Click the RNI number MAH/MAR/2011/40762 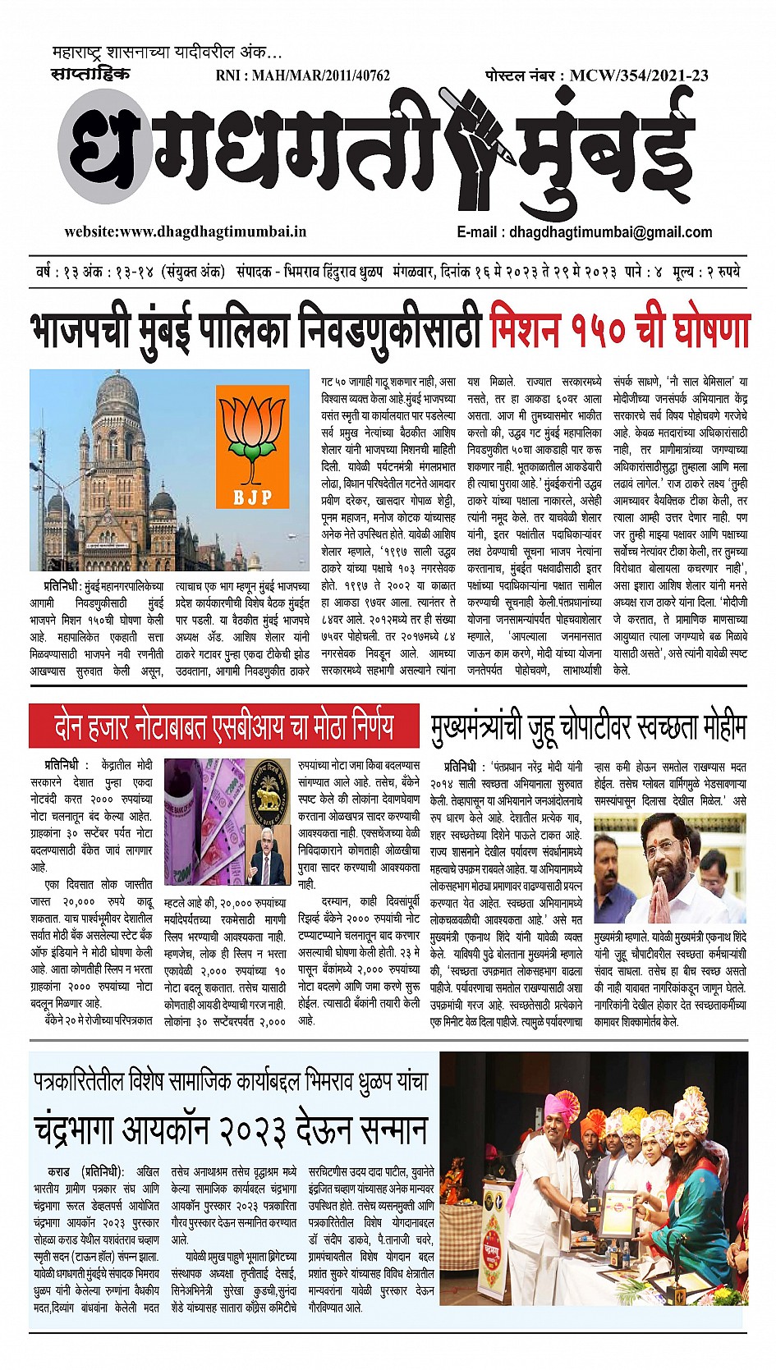(302, 76)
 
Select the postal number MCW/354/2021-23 (639, 76)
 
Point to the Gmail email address (610, 231)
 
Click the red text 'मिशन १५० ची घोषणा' (619, 329)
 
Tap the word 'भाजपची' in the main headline (80, 329)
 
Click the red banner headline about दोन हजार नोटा (223, 726)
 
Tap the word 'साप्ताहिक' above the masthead (90, 75)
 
